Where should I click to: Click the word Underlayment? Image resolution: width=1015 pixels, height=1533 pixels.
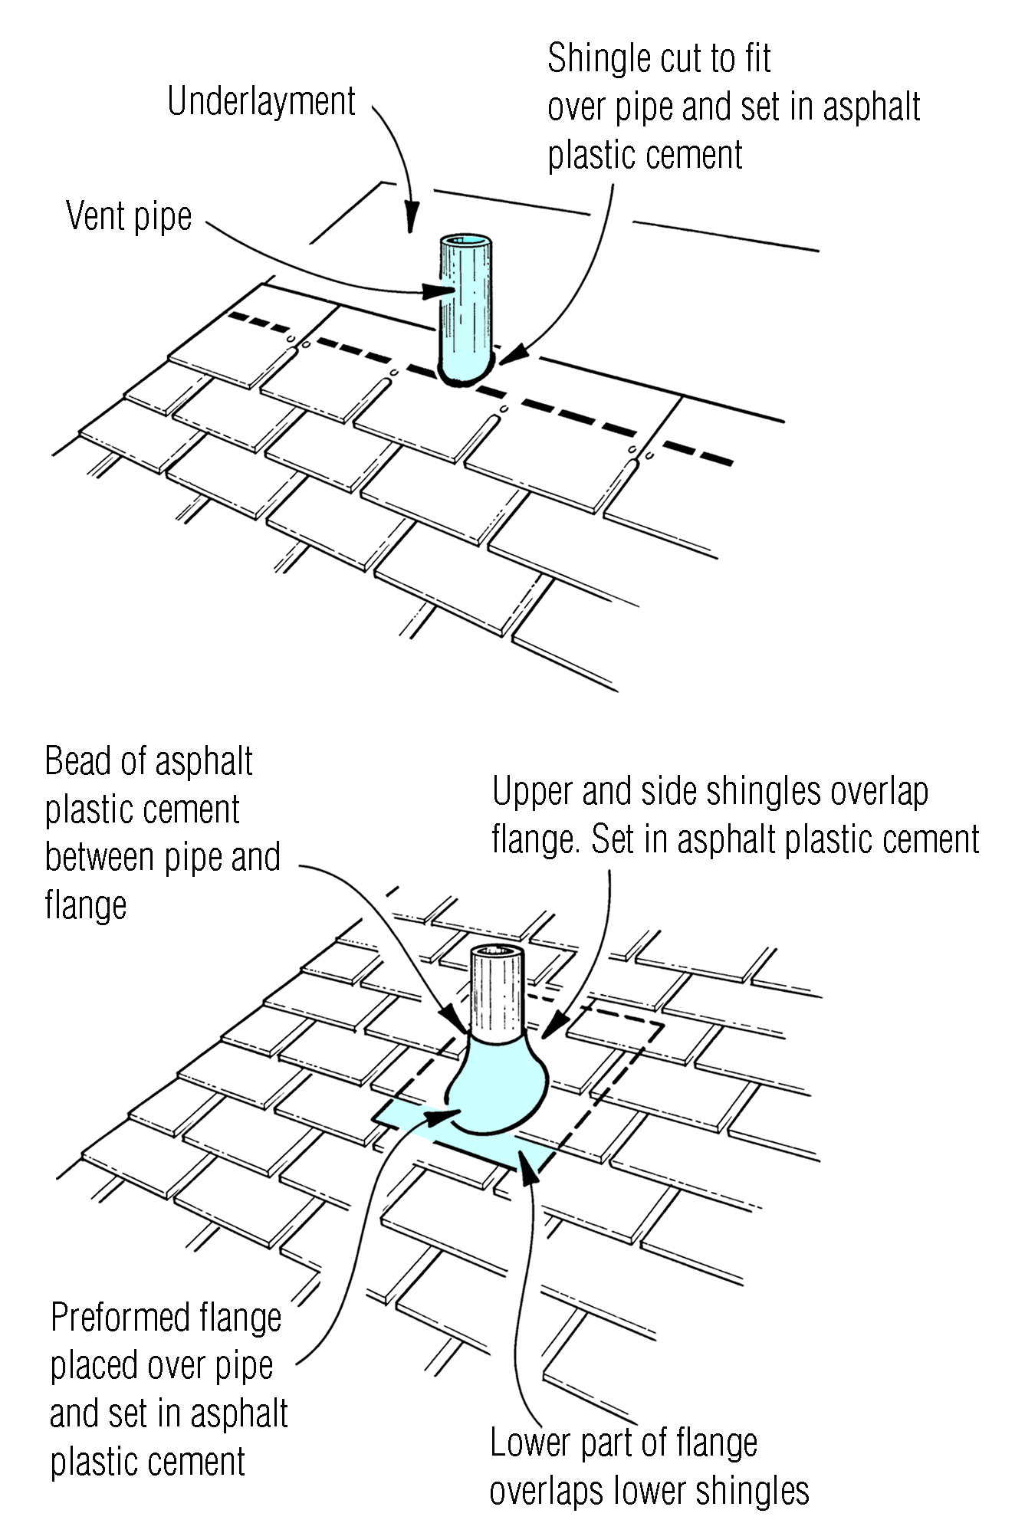point(261,102)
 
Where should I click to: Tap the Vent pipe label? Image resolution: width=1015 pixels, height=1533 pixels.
point(129,216)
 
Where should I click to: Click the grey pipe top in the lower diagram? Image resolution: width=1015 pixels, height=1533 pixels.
point(497,954)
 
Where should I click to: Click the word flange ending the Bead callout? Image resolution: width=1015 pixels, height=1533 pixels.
point(86,906)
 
